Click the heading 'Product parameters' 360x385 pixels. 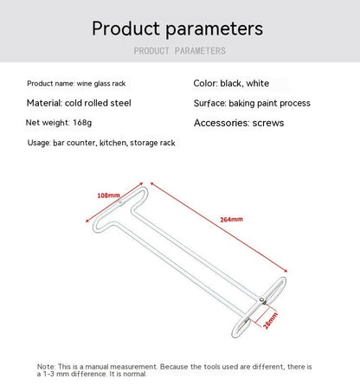(x=177, y=29)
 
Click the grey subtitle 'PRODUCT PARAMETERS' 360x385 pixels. (x=179, y=51)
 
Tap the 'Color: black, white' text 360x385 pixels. (x=231, y=84)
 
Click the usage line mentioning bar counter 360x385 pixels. (x=101, y=143)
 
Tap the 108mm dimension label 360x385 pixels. (x=107, y=196)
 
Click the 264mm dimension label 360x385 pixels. (x=231, y=219)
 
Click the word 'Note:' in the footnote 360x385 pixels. (x=47, y=367)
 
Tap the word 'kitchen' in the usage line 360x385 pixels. (x=113, y=143)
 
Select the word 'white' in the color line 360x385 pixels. (x=257, y=84)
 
